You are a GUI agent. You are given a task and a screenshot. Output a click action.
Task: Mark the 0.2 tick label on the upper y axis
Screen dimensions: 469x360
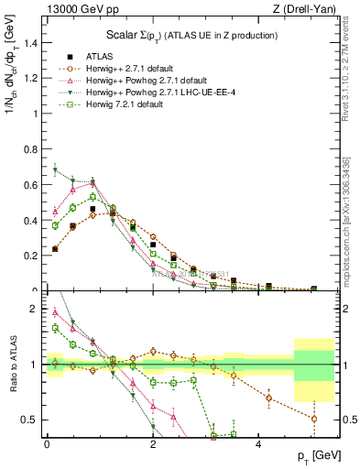click(x=31, y=256)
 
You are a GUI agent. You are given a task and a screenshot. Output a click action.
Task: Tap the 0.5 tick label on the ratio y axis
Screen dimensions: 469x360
click(x=31, y=420)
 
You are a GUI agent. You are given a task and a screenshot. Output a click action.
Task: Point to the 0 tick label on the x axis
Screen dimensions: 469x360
click(x=47, y=444)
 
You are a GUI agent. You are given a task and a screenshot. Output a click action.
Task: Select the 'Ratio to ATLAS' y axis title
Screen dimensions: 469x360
click(x=11, y=366)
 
